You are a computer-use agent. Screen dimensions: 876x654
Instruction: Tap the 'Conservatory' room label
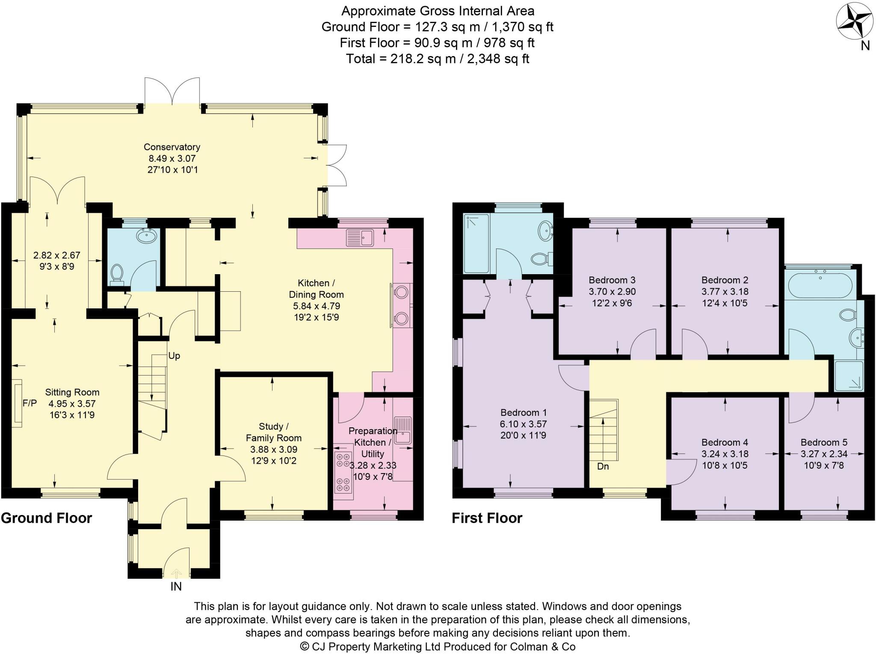click(172, 147)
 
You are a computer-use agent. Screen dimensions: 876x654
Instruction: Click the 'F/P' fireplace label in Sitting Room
click(30, 403)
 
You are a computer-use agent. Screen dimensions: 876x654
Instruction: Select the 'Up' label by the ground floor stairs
click(174, 355)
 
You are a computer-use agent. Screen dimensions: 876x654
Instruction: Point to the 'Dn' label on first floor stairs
click(603, 466)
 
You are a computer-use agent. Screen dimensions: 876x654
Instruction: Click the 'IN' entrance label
click(176, 586)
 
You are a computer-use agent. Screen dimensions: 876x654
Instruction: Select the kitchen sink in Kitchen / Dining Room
click(360, 237)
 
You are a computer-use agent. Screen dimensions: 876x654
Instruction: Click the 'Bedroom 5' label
click(824, 442)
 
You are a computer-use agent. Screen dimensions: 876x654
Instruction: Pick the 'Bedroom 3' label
click(612, 280)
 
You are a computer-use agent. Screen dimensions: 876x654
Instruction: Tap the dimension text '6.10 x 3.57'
click(524, 424)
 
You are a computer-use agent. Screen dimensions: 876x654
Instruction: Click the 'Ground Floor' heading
click(46, 518)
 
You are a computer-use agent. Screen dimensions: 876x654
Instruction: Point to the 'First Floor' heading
click(487, 518)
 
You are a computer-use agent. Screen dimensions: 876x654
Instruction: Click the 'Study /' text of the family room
click(273, 426)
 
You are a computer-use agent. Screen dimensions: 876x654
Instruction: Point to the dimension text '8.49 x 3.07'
click(172, 158)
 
